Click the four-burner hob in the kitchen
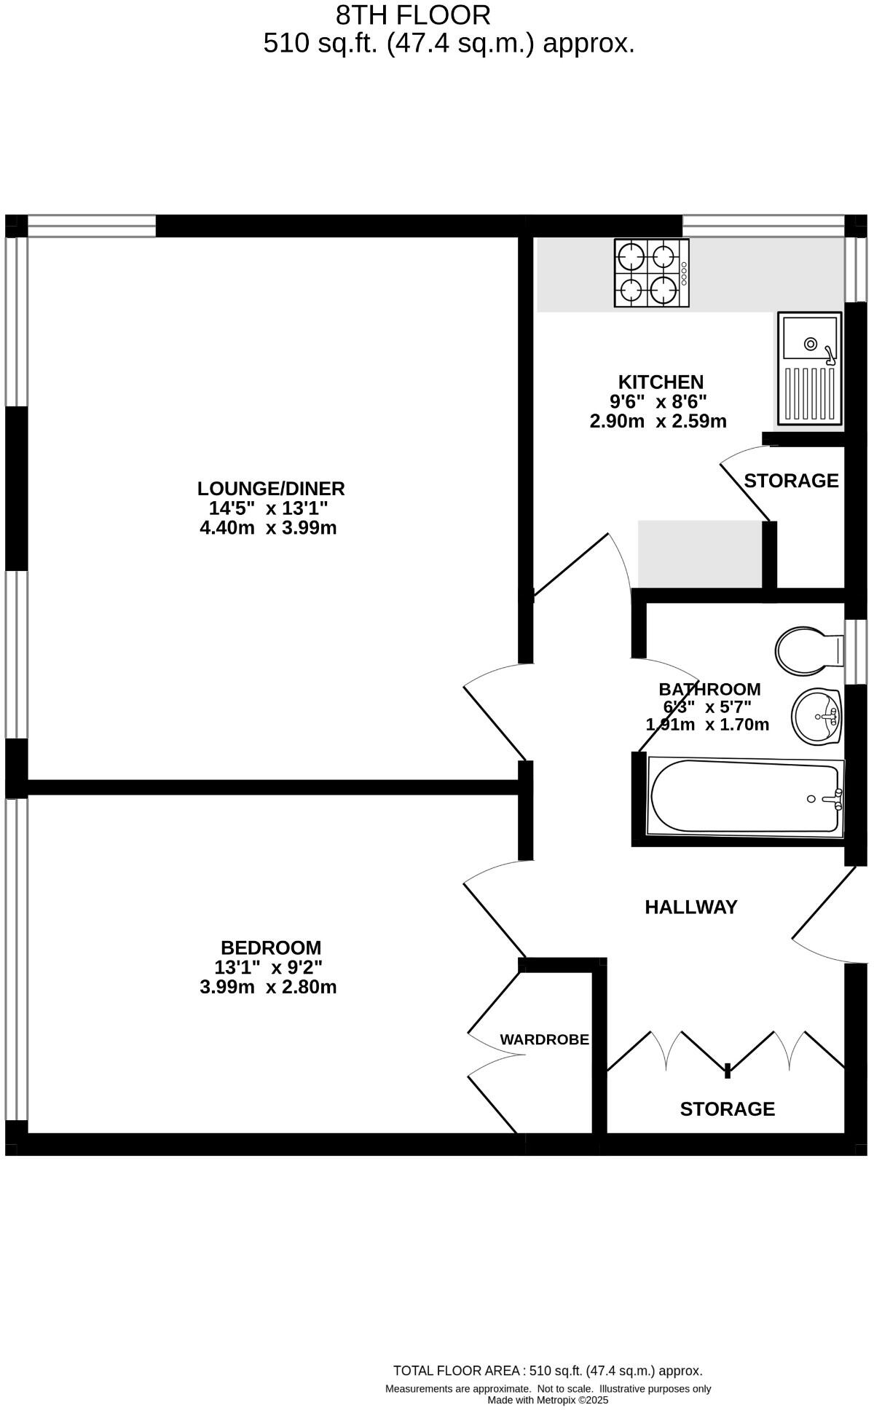point(650,273)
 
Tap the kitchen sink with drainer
point(809,368)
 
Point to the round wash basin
point(816,717)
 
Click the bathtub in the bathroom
point(745,797)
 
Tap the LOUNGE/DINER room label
point(270,488)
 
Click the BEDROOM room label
point(270,948)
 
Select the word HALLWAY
point(690,907)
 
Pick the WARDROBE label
point(544,1040)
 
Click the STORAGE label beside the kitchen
point(791,481)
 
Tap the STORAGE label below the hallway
point(727,1108)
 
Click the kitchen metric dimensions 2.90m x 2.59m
point(658,421)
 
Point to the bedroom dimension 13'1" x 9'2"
point(268,967)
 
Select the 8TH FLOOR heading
point(413,15)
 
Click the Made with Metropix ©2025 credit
point(547,1400)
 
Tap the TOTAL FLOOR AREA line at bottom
point(547,1371)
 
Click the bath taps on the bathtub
point(835,799)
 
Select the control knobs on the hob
point(684,273)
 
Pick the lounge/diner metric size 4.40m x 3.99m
point(268,527)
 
